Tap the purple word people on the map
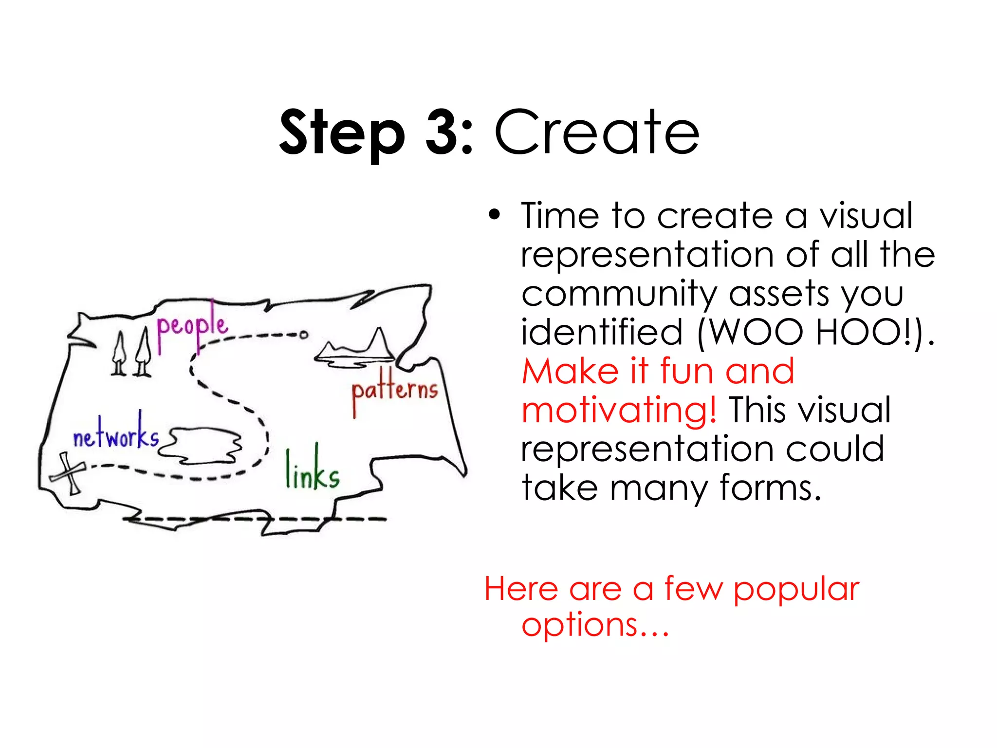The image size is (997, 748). tap(192, 325)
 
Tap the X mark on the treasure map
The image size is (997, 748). tap(68, 472)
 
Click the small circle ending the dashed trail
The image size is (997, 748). tap(304, 335)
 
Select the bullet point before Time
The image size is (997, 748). tap(495, 215)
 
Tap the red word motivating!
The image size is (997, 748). tap(619, 410)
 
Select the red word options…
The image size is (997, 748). tap(595, 625)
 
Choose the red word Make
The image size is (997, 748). tap(570, 371)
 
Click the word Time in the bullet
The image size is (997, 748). tap(560, 215)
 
